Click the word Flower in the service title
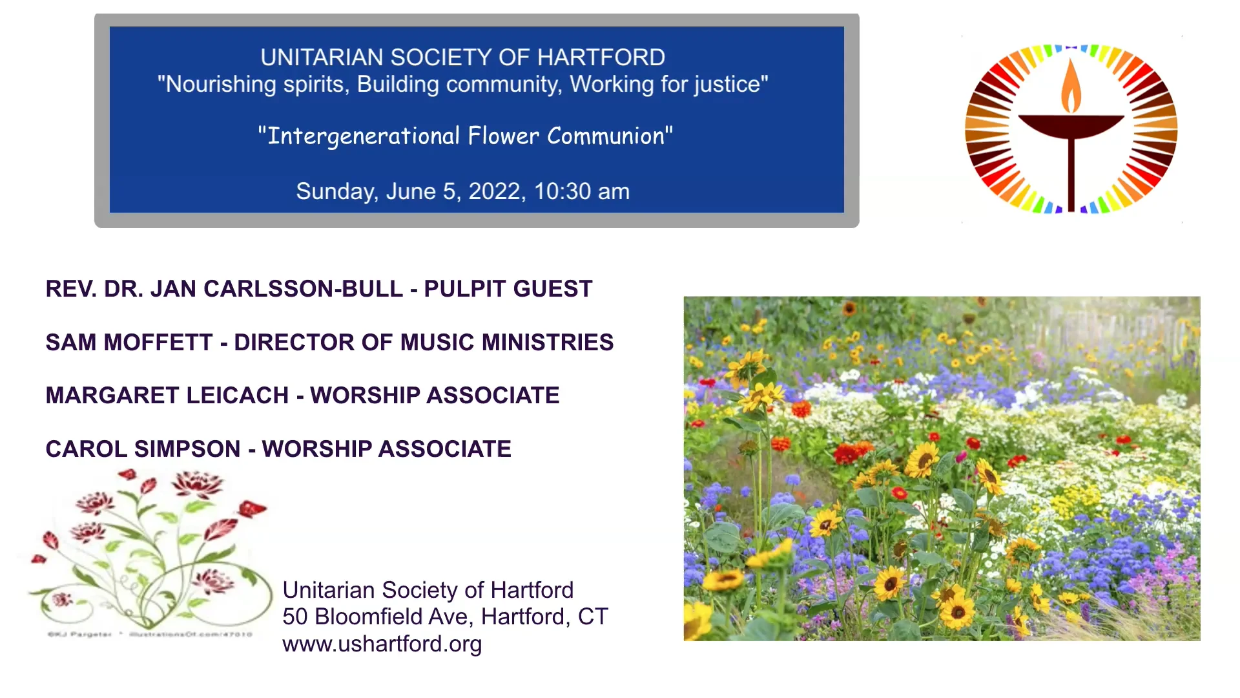(x=503, y=136)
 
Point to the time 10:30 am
(x=581, y=191)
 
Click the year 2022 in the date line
(x=494, y=191)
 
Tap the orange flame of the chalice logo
(x=1071, y=87)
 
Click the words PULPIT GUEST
(x=508, y=289)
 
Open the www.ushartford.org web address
(x=382, y=644)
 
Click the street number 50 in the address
(x=294, y=617)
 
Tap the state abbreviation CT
(x=592, y=617)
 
